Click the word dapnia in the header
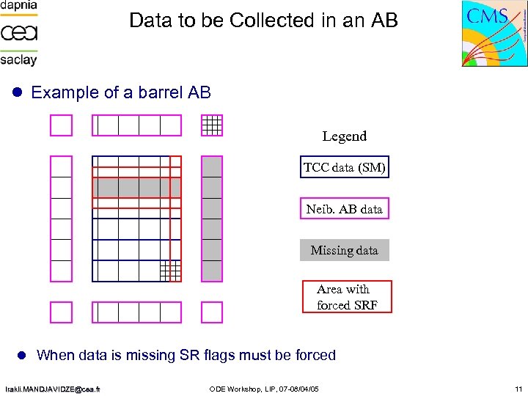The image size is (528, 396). point(18,7)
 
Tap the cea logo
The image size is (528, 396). point(18,33)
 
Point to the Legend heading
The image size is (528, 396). point(344,136)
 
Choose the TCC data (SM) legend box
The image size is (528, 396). point(344,168)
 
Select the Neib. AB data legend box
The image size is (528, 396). point(344,209)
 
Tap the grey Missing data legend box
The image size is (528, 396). point(344,250)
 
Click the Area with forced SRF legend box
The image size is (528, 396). point(347,297)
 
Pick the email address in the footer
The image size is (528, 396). point(54,388)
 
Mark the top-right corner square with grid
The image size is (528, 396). point(212,126)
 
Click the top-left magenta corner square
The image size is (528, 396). point(62,126)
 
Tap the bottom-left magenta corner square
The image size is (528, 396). point(62,312)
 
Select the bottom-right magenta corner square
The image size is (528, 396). point(212,312)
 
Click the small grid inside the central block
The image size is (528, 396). point(170,271)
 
